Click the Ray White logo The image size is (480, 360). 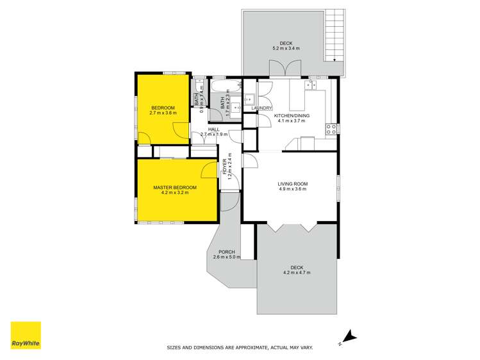26,336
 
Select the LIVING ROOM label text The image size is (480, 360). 292,183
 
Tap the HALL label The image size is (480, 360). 213,129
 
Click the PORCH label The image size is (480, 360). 226,252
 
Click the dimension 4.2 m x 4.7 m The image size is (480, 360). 297,273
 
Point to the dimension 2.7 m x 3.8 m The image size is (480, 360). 163,113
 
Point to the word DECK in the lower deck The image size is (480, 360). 297,267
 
